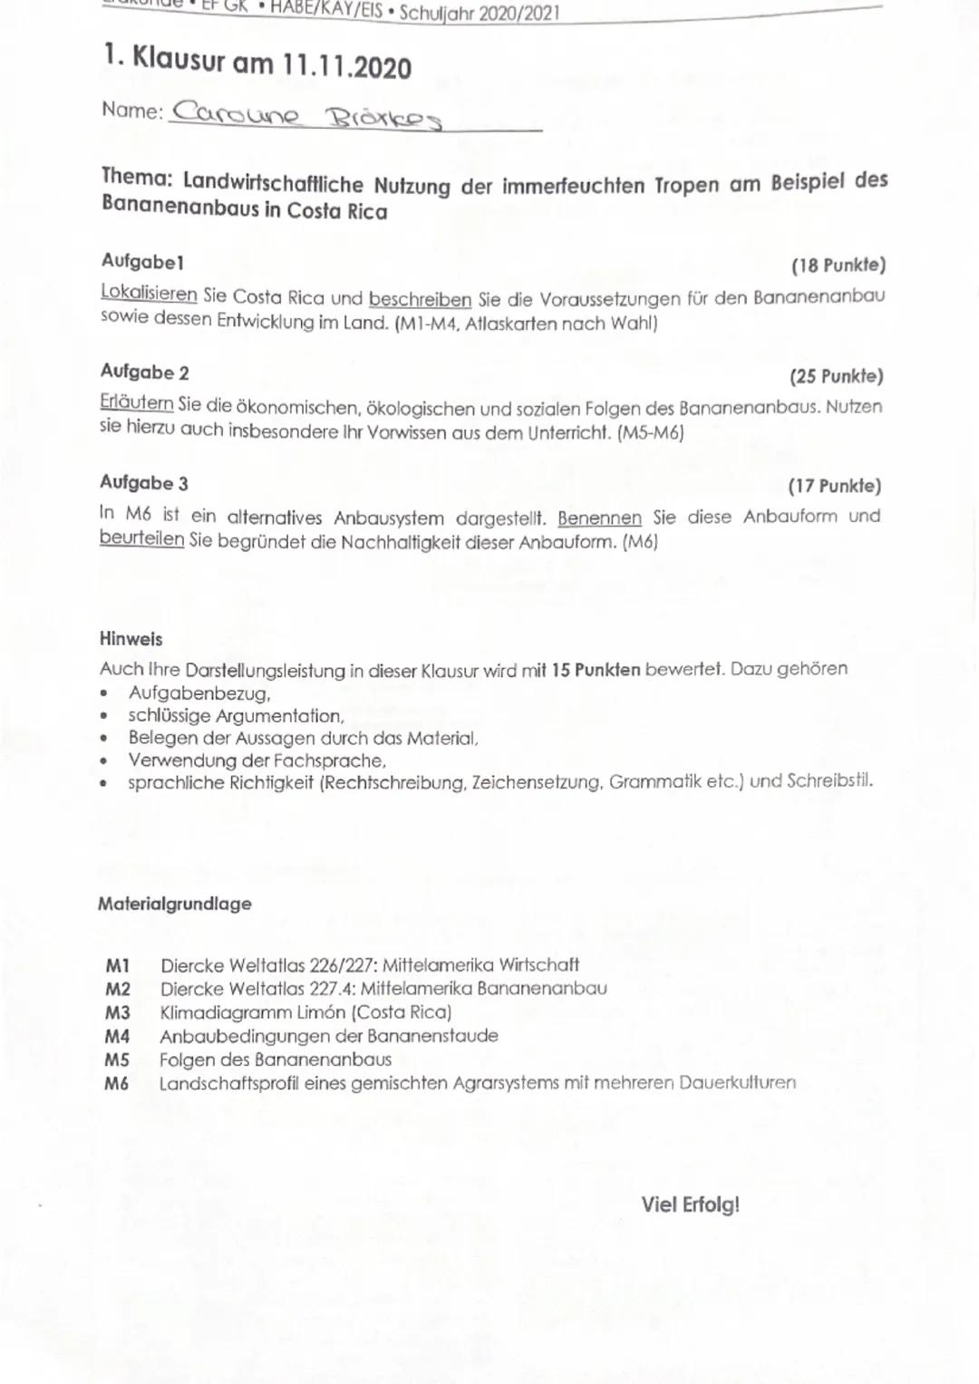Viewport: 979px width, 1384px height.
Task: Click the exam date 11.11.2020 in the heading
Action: tap(346, 66)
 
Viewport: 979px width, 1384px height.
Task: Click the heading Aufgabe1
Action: tap(142, 261)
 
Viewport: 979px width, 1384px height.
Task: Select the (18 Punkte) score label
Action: tap(838, 266)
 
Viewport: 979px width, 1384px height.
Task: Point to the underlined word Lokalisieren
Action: tap(149, 294)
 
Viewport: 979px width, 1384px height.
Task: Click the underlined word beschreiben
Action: tap(420, 298)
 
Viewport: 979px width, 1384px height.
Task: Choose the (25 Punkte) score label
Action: tap(837, 376)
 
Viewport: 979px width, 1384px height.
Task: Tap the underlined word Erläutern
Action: tap(137, 402)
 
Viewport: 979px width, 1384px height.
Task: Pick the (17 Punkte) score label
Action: tap(835, 486)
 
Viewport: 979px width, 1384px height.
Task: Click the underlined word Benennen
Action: tap(599, 518)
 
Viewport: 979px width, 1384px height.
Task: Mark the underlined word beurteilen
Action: tap(141, 538)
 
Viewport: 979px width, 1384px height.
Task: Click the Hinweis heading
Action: tap(131, 639)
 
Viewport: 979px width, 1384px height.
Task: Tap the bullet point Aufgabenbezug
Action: tap(199, 693)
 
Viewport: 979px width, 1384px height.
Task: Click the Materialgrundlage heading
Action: tap(175, 904)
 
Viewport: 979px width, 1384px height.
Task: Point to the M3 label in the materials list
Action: tap(118, 1012)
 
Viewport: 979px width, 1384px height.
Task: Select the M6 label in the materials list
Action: tap(116, 1083)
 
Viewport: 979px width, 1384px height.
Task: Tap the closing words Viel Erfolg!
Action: tap(691, 1205)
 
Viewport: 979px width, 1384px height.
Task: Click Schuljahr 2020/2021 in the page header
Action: tap(480, 13)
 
